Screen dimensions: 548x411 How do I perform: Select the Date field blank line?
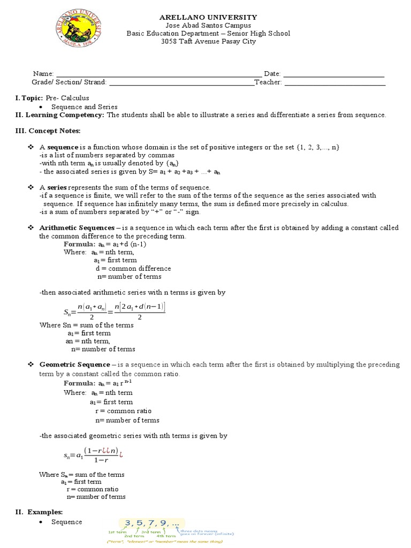333,74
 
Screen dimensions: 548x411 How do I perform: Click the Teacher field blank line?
335,82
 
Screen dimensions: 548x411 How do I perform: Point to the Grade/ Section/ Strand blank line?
181,82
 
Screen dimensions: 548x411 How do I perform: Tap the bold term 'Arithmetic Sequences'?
76,228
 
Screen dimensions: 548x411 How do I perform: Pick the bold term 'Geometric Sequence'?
74,364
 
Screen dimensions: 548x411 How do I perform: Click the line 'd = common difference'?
133,269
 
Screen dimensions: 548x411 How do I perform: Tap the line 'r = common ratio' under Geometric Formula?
123,411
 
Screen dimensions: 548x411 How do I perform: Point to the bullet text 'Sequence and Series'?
84,107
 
